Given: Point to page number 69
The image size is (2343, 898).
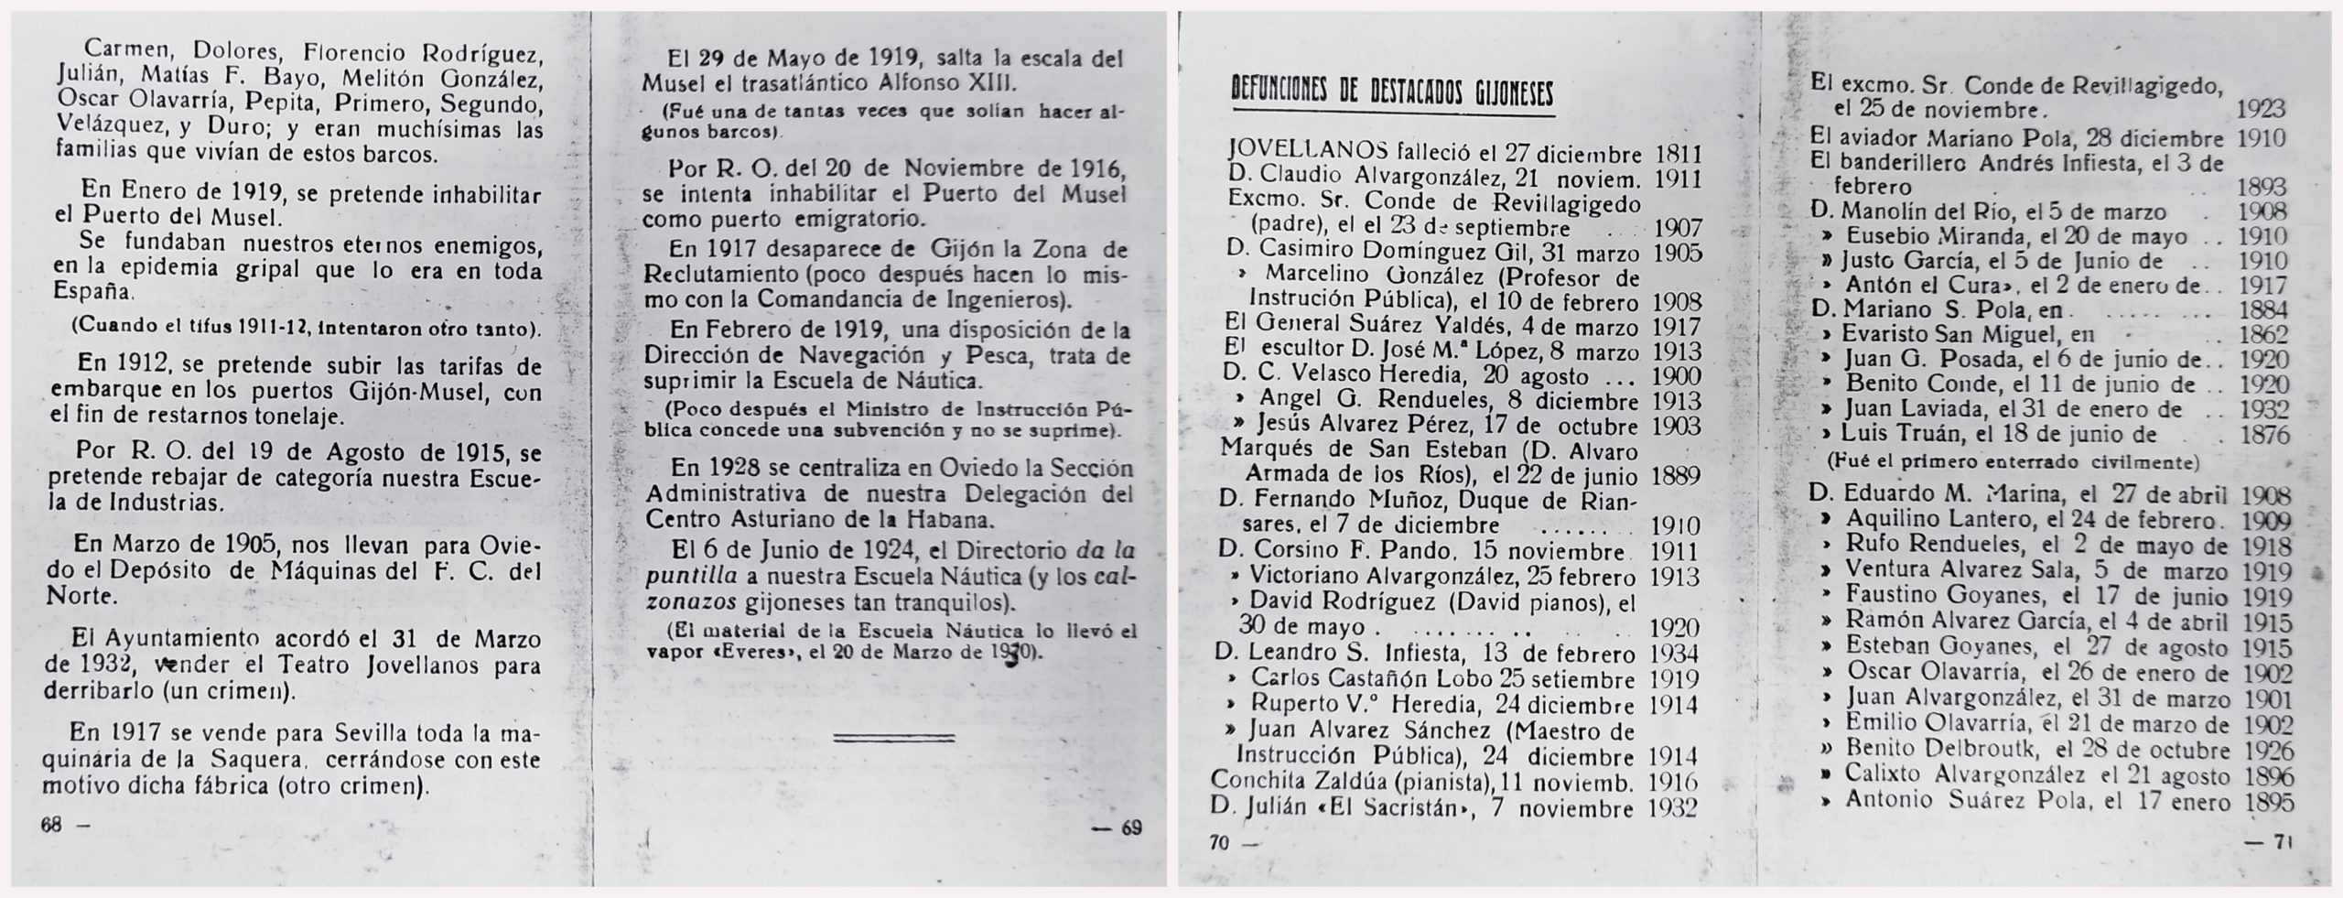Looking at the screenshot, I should pyautogui.click(x=1130, y=828).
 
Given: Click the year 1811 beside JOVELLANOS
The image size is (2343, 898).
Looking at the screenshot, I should pyautogui.click(x=1678, y=153).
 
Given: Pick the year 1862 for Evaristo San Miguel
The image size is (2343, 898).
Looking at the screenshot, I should pyautogui.click(x=2265, y=335).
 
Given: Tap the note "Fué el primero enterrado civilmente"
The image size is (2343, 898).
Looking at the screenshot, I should pyautogui.click(x=2014, y=461).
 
